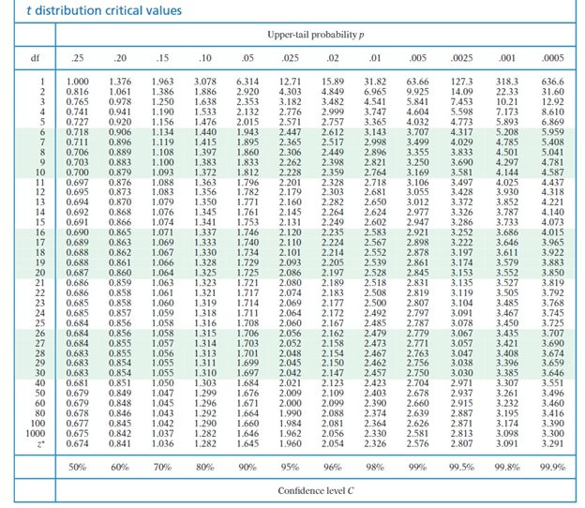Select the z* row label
pos(35,443)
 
